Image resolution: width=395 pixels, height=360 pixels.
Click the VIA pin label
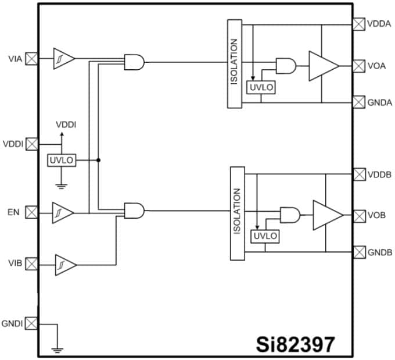point(16,59)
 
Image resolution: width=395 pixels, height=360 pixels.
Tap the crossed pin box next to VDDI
point(33,143)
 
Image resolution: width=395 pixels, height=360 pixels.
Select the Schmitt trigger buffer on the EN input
point(63,212)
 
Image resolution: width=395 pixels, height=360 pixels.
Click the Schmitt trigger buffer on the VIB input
point(65,265)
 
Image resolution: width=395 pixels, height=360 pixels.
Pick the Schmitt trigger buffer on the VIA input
point(63,59)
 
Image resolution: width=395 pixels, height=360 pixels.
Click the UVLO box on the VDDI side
point(62,160)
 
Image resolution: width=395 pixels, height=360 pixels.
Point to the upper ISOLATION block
point(234,63)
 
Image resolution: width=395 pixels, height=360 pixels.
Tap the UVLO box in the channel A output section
point(261,87)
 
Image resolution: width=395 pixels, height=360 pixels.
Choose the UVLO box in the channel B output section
point(265,236)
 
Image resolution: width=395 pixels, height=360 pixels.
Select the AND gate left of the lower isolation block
point(135,211)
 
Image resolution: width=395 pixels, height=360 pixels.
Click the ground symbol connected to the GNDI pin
point(58,350)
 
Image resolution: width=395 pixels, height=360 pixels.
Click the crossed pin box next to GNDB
point(358,252)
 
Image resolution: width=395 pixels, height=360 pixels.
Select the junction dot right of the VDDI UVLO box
point(98,160)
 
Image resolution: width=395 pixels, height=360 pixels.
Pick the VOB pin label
point(378,215)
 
